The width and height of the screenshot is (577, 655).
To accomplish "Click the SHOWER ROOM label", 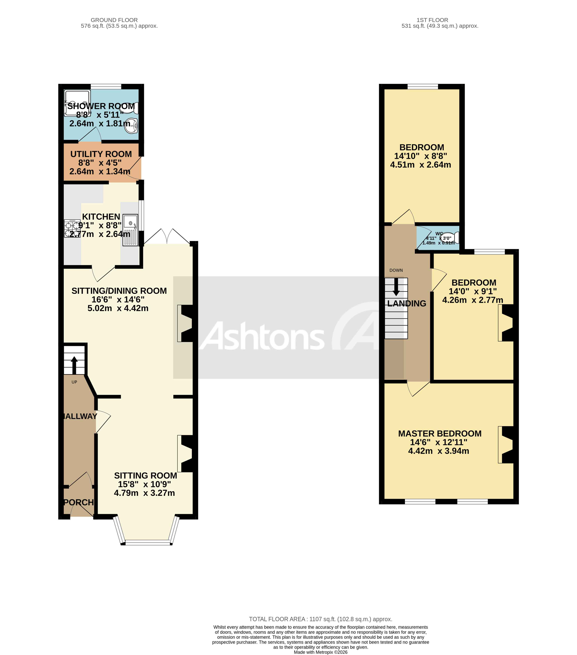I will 101,106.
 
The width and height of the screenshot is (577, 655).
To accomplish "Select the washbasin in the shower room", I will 132,126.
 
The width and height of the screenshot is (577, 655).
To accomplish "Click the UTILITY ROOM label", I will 101,154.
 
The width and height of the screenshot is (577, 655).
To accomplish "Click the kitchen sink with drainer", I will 130,230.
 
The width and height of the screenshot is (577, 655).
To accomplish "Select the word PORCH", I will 79,502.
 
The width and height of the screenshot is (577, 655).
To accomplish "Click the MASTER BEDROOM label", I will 440,434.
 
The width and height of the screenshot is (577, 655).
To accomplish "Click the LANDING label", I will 407,303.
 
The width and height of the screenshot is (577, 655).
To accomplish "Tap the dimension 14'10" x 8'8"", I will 420,156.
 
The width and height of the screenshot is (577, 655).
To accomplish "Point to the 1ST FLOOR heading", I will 432,20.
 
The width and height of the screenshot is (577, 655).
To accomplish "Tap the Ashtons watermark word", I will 263,336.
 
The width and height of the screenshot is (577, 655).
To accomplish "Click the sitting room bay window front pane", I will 148,542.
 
